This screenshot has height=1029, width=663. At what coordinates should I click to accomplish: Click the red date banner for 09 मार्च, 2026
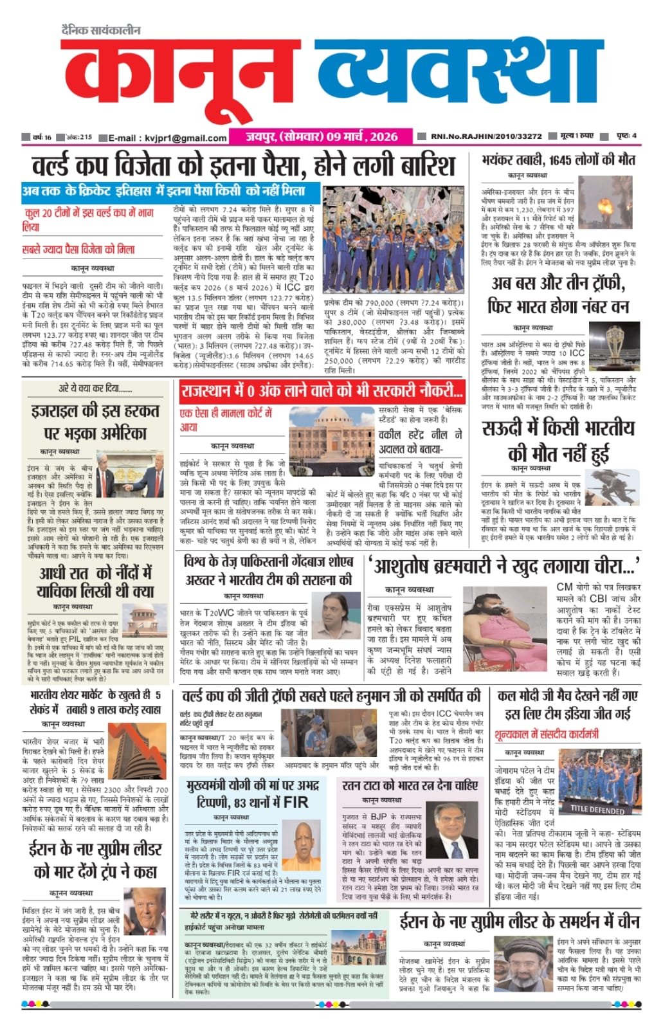tap(322, 136)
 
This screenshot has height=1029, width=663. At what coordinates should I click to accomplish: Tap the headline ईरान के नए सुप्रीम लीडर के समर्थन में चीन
tap(520, 921)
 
